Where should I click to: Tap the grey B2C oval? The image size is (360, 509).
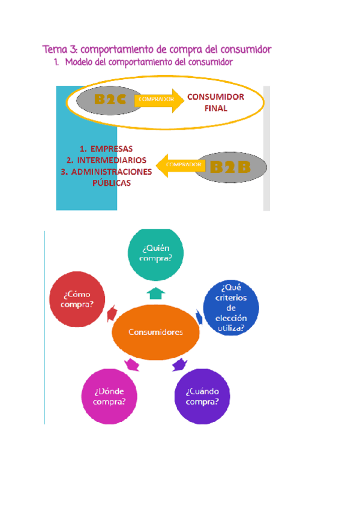[110, 101]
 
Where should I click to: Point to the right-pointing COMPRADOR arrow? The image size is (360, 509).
[160, 100]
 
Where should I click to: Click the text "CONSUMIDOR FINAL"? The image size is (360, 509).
[215, 103]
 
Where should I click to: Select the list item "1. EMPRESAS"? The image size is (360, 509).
[106, 149]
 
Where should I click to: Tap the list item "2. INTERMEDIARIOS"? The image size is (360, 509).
[106, 160]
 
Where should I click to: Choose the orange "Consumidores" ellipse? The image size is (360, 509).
[156, 332]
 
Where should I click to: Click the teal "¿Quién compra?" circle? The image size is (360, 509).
[156, 254]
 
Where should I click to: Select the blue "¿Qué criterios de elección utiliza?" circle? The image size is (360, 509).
[231, 307]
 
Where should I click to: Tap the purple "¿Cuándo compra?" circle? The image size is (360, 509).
[202, 396]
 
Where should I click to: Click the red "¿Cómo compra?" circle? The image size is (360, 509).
[77, 298]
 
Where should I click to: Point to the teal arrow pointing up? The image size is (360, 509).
[156, 292]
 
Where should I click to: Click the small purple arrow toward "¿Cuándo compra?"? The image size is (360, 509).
[179, 364]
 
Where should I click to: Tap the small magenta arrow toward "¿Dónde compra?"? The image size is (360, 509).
[131, 364]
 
